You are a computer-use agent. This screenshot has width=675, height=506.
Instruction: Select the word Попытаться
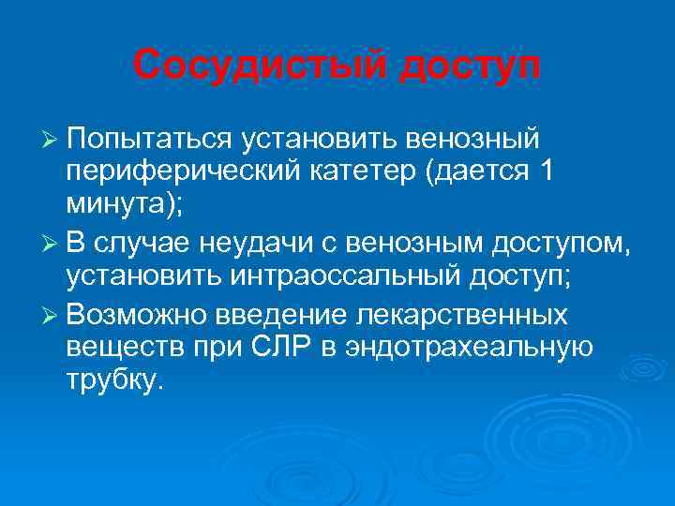[149, 139]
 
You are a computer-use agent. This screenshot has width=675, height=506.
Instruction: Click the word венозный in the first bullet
[472, 139]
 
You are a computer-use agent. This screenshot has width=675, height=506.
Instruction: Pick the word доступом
[580, 244]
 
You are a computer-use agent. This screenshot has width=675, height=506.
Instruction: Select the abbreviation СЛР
[305, 347]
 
